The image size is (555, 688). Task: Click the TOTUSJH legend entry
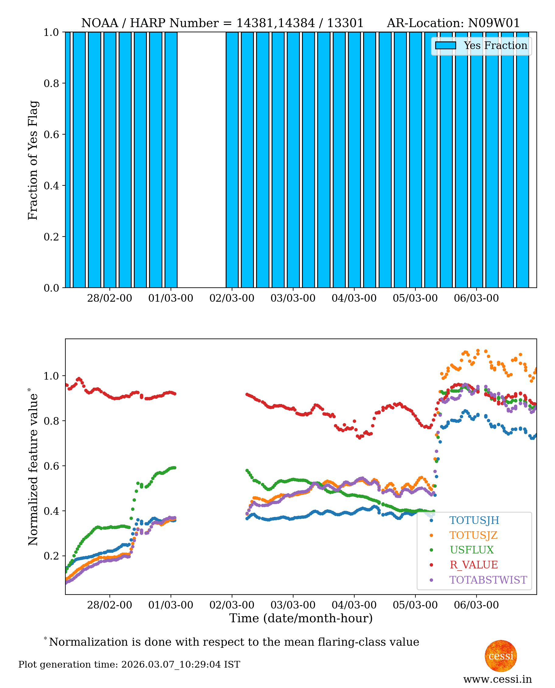click(474, 520)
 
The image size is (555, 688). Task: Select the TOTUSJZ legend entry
click(473, 535)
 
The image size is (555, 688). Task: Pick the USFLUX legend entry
click(472, 550)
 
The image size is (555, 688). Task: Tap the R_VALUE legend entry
click(473, 565)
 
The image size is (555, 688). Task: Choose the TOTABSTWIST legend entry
click(488, 580)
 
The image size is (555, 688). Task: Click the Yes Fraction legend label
click(495, 46)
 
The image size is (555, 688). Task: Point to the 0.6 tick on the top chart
click(51, 134)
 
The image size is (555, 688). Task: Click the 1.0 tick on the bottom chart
click(51, 376)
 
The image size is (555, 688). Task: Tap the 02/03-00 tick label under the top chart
click(232, 298)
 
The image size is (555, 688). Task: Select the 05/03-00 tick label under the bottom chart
click(415, 605)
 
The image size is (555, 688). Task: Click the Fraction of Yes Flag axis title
click(33, 160)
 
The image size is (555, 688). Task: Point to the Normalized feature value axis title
click(33, 467)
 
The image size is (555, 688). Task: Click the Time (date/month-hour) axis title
click(301, 618)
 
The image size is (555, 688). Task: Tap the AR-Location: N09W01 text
click(453, 23)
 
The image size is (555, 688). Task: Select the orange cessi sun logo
click(501, 656)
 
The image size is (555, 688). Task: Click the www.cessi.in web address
click(498, 679)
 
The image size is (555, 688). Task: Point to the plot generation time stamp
click(129, 665)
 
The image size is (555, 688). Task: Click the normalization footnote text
click(234, 642)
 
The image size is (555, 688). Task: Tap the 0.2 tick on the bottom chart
click(51, 556)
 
